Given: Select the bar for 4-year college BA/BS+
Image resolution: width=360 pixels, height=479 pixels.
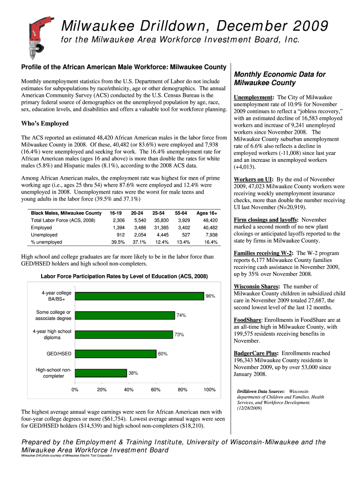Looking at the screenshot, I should [139, 296].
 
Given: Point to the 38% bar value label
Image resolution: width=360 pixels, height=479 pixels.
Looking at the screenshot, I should [133, 373].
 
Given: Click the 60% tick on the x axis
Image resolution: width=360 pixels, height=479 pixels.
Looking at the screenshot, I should [156, 389].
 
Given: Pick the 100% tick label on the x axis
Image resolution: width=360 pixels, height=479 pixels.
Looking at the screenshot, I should [209, 389].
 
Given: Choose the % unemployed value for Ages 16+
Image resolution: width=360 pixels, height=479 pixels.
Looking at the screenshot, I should [210, 242].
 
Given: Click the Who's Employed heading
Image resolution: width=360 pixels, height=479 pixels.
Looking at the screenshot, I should [45, 123].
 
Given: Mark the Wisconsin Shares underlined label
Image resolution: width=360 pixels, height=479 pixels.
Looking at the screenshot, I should [256, 286].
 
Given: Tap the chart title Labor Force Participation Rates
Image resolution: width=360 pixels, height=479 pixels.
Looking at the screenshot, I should [124, 276].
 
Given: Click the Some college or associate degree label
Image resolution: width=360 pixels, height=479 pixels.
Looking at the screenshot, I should [53, 315].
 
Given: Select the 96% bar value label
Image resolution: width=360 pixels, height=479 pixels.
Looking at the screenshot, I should [210, 296].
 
